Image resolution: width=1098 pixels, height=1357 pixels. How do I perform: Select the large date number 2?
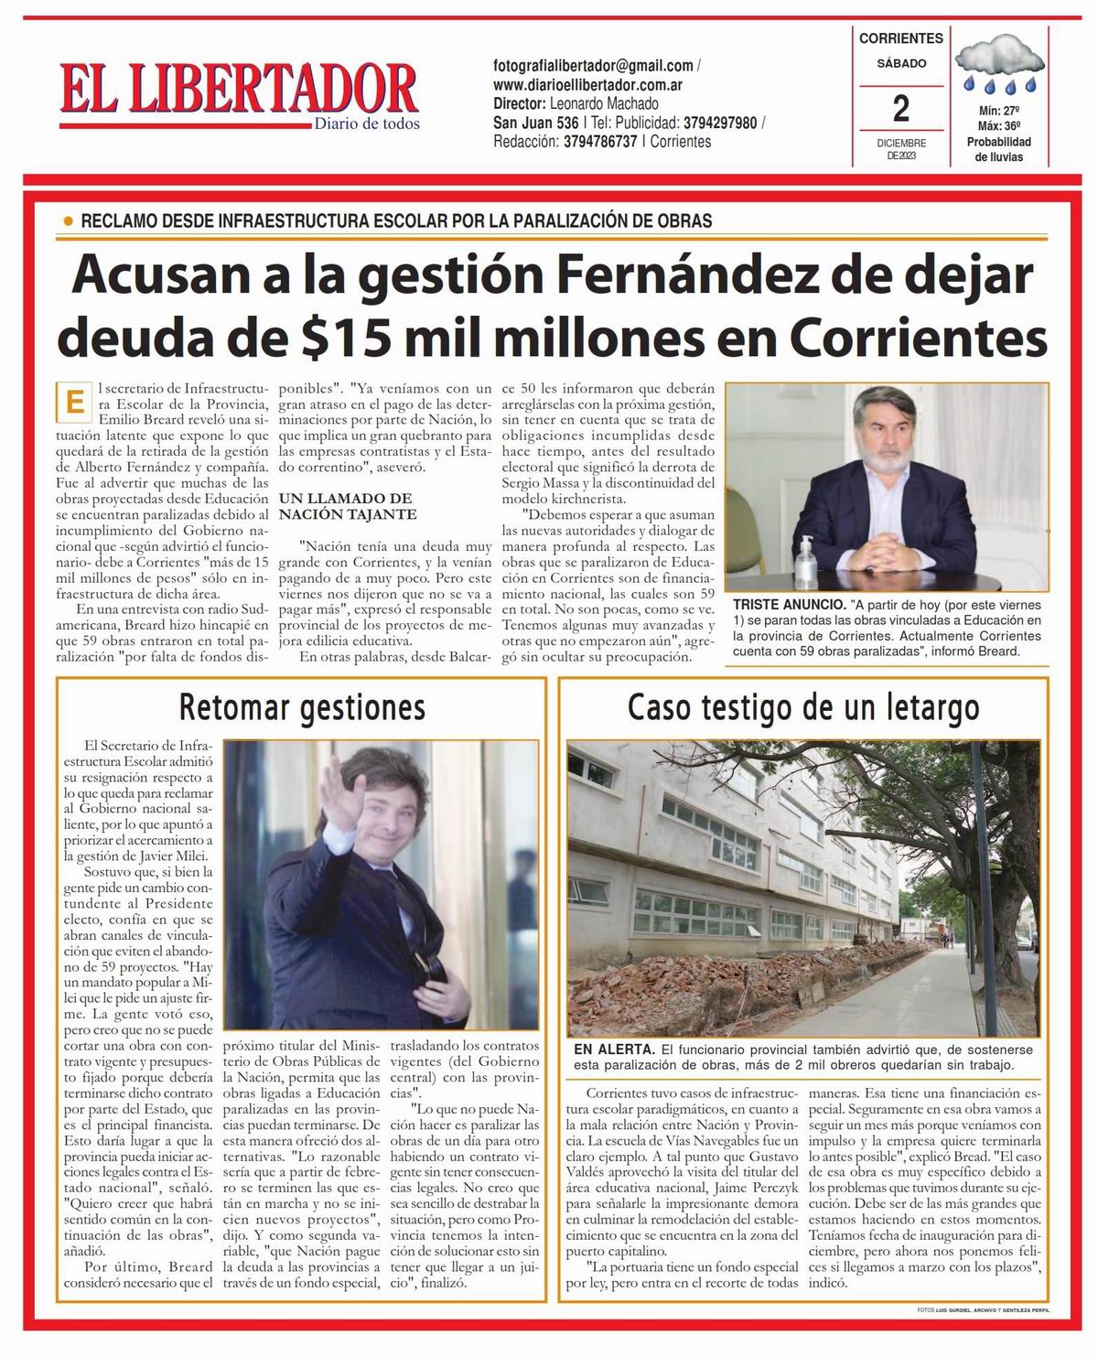click(901, 110)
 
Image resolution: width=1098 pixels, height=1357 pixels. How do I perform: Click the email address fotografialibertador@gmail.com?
click(592, 66)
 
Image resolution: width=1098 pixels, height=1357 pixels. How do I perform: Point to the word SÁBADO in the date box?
click(901, 64)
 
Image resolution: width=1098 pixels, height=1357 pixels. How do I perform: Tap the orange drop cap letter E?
click(71, 402)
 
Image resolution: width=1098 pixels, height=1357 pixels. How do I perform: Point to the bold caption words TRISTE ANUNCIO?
click(789, 605)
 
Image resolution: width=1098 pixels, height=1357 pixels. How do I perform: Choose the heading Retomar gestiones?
click(302, 707)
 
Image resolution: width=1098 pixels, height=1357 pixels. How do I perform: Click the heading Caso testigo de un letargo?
click(803, 707)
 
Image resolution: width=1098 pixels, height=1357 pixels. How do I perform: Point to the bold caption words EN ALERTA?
click(614, 1050)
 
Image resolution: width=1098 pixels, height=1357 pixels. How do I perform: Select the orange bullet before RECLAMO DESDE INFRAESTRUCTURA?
click(68, 221)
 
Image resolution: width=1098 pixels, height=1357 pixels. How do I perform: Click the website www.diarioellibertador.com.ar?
click(590, 84)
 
